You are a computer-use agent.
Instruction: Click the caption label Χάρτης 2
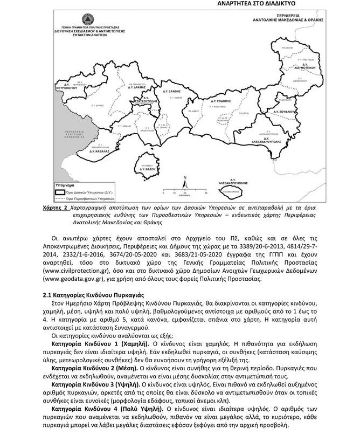tap(54, 208)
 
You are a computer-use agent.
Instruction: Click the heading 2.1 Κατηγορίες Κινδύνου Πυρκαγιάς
tap(92, 295)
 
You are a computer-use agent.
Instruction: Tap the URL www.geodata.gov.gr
tap(73, 280)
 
